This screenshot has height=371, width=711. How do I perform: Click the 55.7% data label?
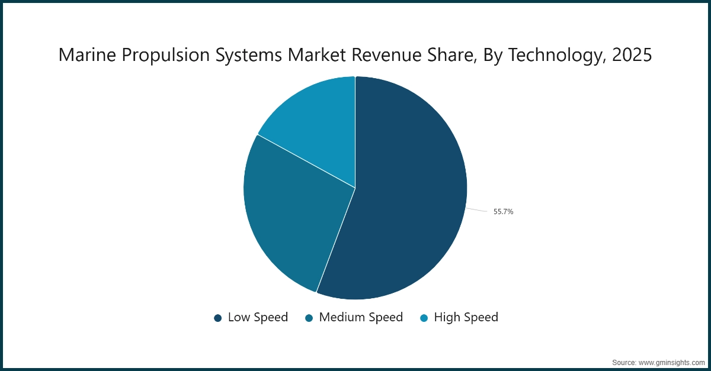(503, 212)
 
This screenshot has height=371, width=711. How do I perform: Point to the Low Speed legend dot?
(217, 318)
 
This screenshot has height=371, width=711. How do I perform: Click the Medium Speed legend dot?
(309, 318)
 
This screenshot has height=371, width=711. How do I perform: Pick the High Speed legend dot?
(424, 318)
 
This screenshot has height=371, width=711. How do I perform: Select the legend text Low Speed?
(258, 317)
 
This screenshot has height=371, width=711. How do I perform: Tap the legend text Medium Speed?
(361, 317)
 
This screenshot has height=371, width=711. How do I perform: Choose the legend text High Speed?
(466, 317)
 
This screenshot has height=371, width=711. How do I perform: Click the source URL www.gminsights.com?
(672, 362)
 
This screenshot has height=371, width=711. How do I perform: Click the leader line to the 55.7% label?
(478, 210)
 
